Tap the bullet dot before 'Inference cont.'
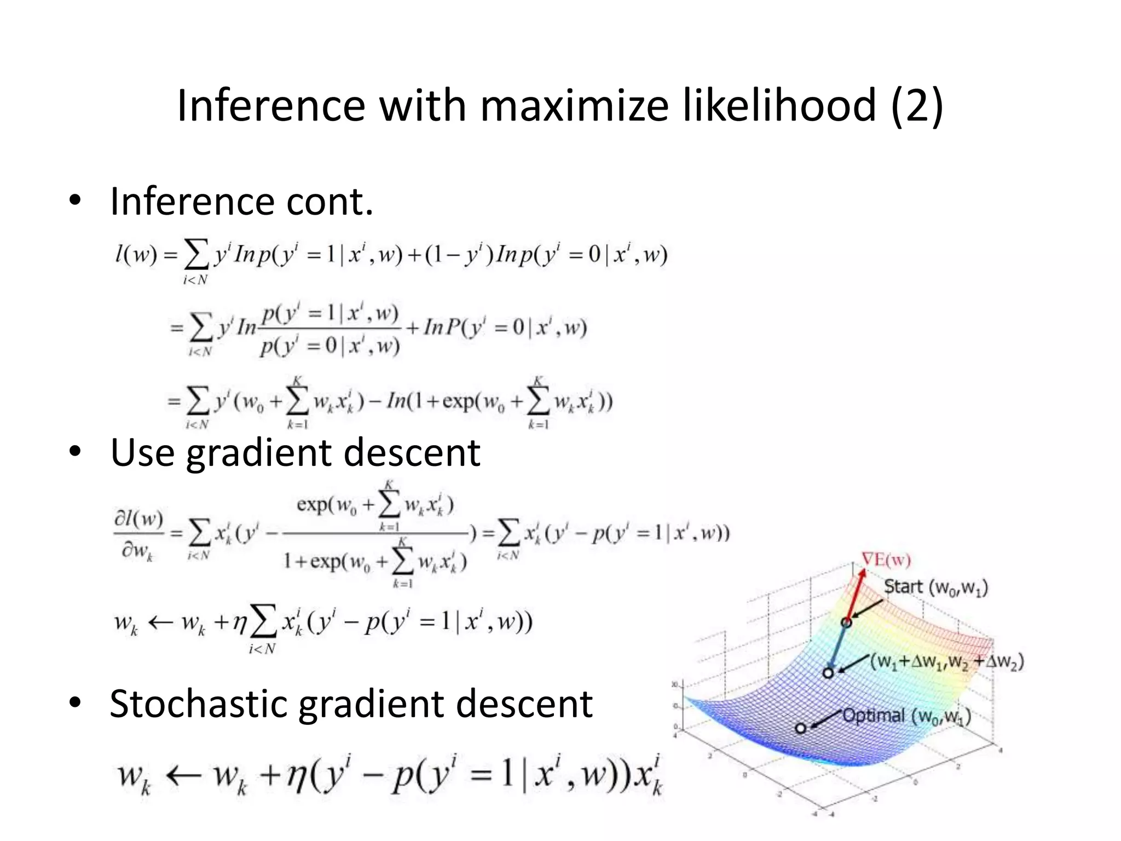[75, 200]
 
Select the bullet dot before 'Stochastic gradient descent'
[75, 702]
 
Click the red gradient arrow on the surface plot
[854, 595]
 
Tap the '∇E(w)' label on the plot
[886, 560]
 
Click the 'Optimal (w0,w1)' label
[906, 716]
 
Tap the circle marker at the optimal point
[801, 728]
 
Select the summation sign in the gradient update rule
[263, 624]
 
